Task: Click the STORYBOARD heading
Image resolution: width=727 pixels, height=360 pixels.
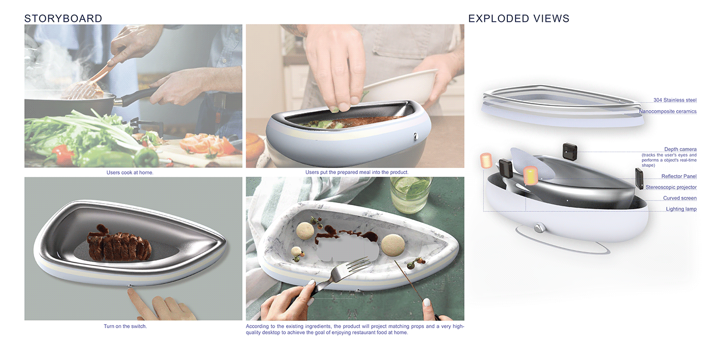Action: coord(63,19)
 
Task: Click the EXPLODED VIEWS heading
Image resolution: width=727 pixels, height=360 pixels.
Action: coord(519,19)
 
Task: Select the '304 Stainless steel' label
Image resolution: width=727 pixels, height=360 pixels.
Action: coord(675,100)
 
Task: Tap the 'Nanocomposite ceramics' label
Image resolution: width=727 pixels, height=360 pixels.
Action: coord(668,111)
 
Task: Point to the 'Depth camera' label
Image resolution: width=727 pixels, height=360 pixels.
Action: coord(680,149)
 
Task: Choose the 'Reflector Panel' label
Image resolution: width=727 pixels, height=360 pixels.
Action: coord(679,176)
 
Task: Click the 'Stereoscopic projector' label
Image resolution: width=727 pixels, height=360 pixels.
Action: coord(671,188)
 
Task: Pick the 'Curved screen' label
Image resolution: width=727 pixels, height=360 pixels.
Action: coord(680,198)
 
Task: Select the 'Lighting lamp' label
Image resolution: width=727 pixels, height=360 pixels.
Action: coord(681,209)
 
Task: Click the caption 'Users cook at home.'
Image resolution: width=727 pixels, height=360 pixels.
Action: coord(130,172)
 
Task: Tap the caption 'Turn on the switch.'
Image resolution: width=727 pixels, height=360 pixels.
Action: coord(125,326)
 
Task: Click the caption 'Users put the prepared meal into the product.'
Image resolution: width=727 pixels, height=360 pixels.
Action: coord(357,172)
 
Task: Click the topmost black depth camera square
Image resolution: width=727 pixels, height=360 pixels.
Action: coord(570,151)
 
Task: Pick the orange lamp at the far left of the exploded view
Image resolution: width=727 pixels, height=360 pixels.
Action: coord(486,161)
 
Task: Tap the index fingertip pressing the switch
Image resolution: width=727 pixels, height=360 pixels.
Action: coord(131,291)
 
